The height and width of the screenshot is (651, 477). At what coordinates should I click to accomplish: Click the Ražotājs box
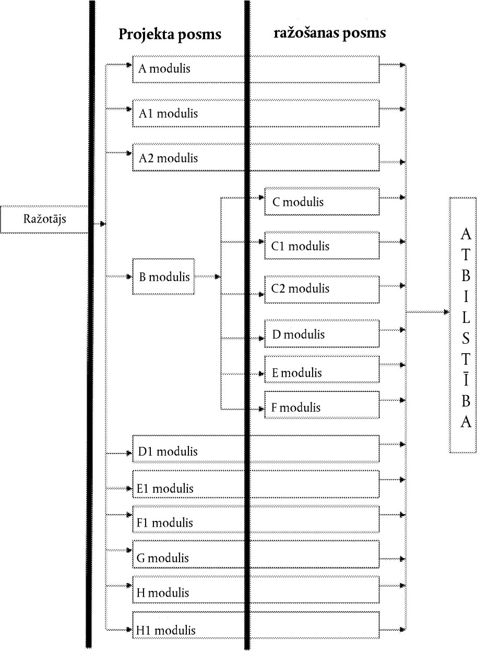(x=44, y=219)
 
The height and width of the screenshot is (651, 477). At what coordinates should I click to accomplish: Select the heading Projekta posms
(x=170, y=34)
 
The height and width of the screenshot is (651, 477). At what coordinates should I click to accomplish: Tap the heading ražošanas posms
(x=330, y=33)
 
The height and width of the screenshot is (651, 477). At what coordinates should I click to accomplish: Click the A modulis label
(x=164, y=68)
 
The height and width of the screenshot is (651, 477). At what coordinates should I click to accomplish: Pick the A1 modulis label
(x=168, y=113)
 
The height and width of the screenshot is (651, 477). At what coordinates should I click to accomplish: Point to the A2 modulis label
(x=168, y=158)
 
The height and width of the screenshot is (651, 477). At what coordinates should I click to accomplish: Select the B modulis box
(x=163, y=276)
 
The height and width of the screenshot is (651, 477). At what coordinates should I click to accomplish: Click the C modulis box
(x=321, y=201)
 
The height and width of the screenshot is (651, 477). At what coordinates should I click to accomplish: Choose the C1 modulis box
(x=321, y=246)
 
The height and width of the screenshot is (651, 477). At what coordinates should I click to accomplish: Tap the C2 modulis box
(x=321, y=289)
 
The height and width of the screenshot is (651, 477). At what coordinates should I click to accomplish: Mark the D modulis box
(x=321, y=334)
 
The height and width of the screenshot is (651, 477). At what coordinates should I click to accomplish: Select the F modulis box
(x=321, y=405)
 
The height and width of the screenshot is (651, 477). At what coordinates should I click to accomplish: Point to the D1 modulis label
(x=168, y=451)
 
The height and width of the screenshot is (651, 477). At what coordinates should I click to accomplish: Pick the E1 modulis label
(x=165, y=489)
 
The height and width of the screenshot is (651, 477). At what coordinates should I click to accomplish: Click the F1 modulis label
(x=164, y=523)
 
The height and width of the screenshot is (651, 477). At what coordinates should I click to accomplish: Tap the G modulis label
(x=163, y=558)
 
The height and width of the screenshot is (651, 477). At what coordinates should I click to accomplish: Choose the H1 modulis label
(x=166, y=631)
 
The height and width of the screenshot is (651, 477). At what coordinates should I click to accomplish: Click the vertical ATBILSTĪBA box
(x=463, y=325)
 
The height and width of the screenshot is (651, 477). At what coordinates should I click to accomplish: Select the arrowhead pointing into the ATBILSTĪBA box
(x=447, y=312)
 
